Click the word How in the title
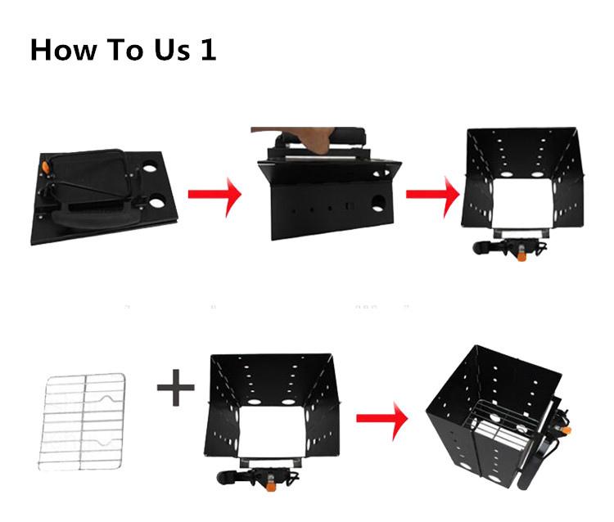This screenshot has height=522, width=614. point(63,50)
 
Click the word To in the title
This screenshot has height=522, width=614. point(125,50)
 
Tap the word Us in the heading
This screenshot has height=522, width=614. point(172,50)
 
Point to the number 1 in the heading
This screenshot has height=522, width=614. point(208,49)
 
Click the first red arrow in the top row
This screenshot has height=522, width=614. point(214,195)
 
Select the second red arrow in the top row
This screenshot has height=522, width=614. point(433,195)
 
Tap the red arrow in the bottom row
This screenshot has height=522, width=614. point(381,419)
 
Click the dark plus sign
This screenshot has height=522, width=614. point(176,387)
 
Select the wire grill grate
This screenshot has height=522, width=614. point(82,421)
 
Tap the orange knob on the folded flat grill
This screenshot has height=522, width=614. point(46,168)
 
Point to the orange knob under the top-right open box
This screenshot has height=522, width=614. point(522,254)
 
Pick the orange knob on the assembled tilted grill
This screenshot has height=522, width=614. point(566,431)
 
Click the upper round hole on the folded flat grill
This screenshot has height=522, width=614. point(149,169)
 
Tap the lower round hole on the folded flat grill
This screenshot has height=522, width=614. point(157,203)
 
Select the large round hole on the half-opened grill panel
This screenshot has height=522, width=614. point(378,204)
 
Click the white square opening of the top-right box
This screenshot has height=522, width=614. point(522,204)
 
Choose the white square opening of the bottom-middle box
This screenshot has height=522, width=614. point(272,431)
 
